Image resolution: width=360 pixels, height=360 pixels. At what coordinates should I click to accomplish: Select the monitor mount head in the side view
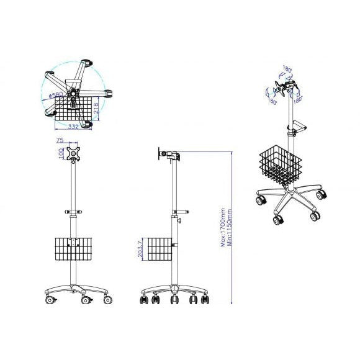point(166,155)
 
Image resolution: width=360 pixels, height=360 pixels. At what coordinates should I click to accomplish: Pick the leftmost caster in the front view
point(48,300)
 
